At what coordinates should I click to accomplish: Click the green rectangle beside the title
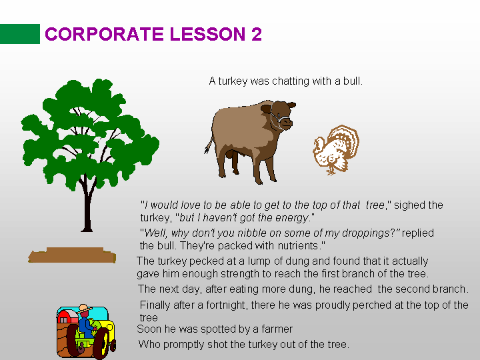click(20, 34)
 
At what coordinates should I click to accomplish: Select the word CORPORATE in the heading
click(104, 34)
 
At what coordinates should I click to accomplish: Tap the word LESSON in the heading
click(207, 34)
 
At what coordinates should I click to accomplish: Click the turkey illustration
click(336, 150)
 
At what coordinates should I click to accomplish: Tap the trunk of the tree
click(87, 205)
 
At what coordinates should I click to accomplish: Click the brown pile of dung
click(72, 255)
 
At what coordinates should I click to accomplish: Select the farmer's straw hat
click(85, 308)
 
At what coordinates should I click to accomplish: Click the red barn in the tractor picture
click(68, 317)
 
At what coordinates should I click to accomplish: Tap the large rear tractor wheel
click(73, 340)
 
